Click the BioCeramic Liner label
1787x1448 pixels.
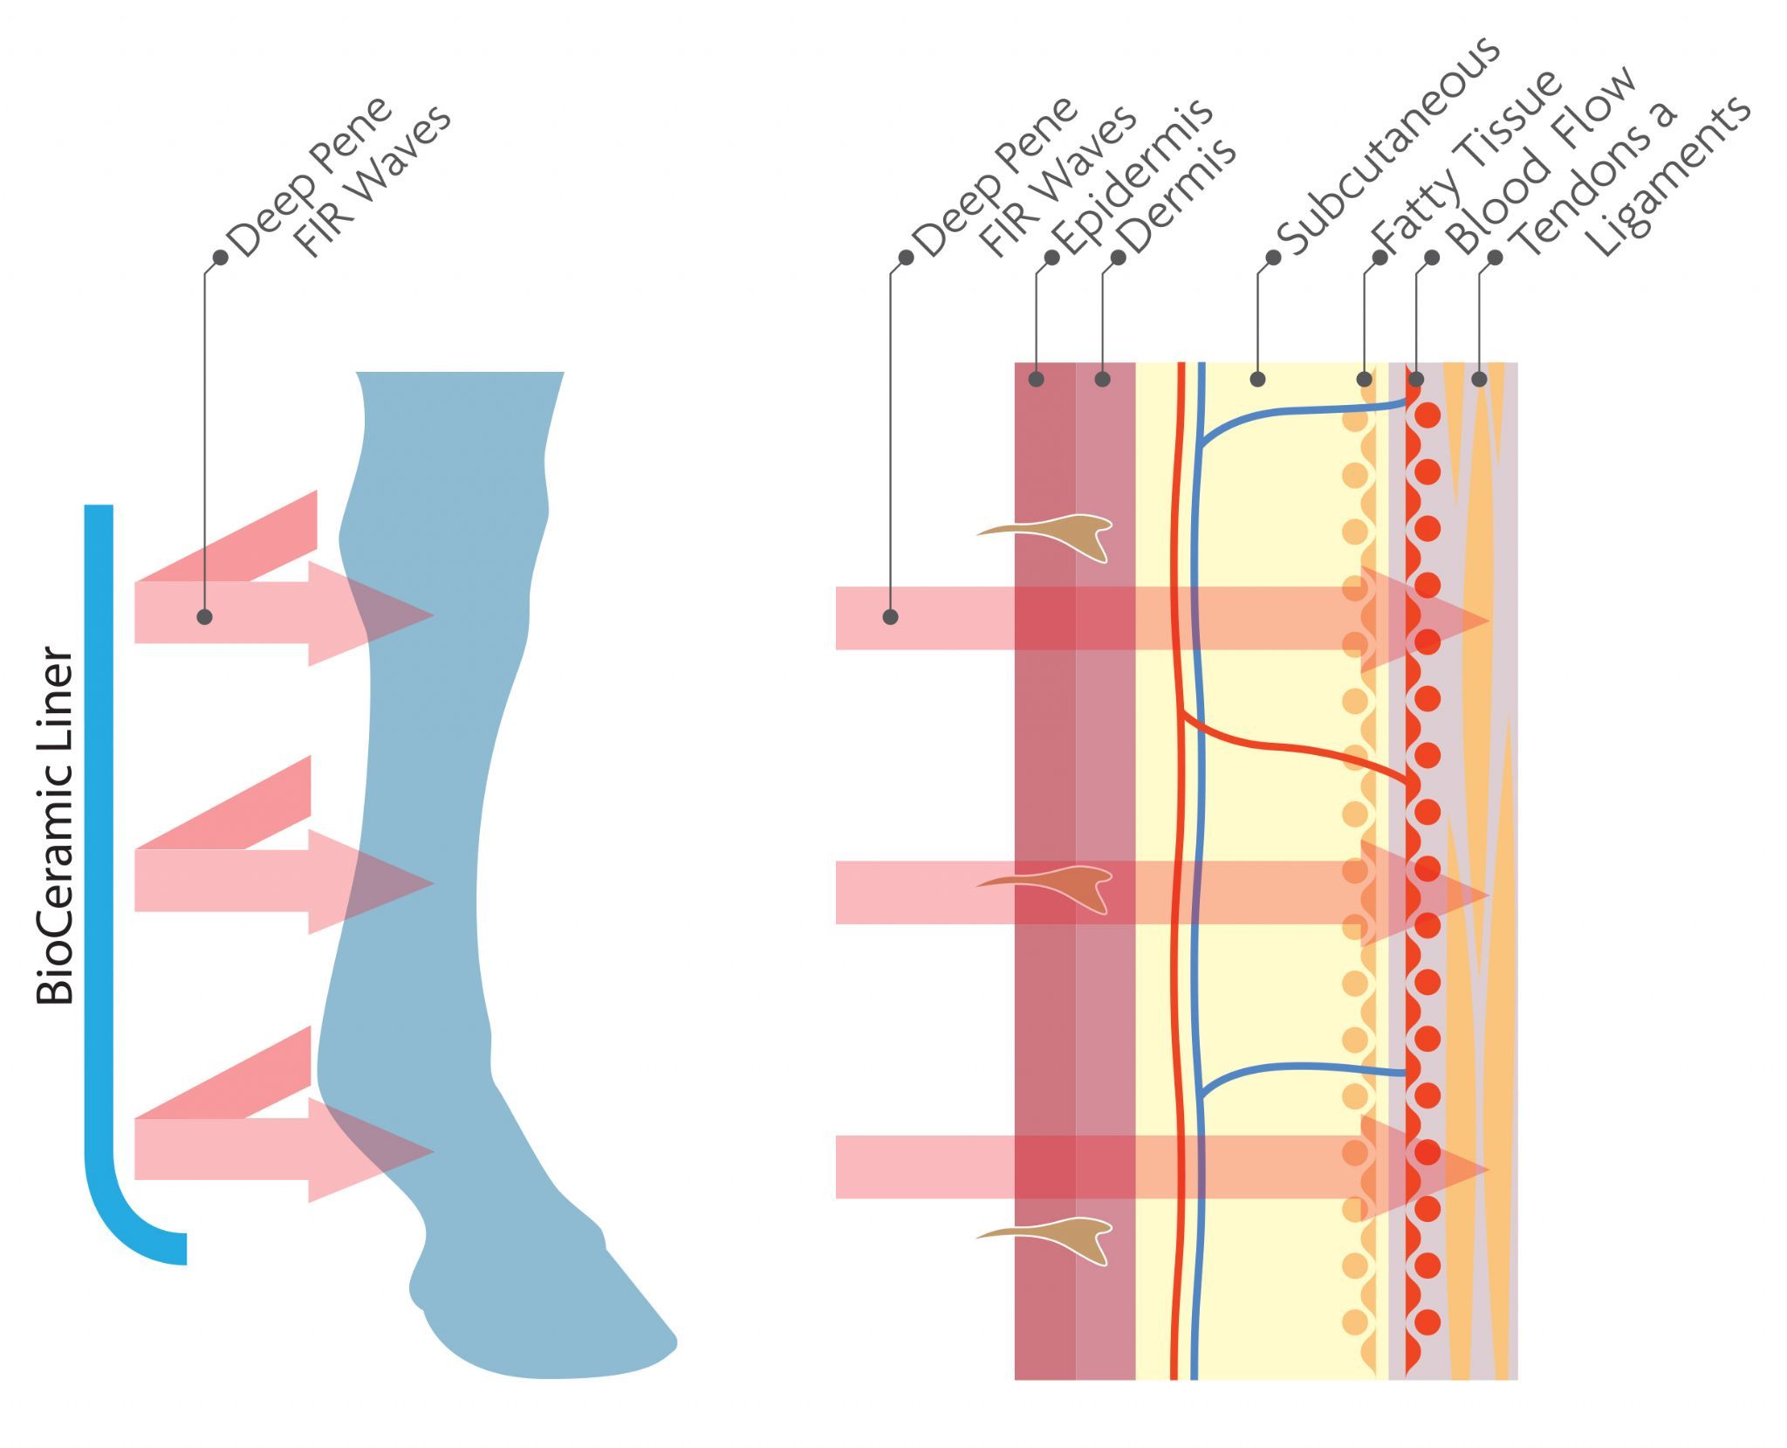coord(54,825)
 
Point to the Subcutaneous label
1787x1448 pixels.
coord(1387,148)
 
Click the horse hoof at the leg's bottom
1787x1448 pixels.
coord(541,1309)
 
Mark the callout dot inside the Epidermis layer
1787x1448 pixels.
coord(1036,379)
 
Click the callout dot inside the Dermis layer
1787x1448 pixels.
coord(1102,379)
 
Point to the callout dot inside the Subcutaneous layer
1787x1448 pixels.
coord(1257,379)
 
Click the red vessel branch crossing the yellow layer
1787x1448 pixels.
coord(1291,746)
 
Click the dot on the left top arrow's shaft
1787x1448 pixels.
coord(204,617)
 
